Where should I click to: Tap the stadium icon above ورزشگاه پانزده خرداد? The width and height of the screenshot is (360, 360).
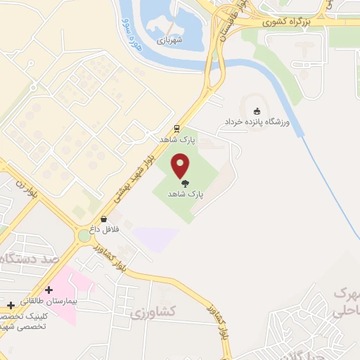click(256, 111)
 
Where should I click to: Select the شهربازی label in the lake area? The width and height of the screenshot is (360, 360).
click(169, 39)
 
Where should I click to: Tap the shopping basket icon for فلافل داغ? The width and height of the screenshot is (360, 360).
click(104, 219)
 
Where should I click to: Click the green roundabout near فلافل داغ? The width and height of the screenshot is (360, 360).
click(84, 236)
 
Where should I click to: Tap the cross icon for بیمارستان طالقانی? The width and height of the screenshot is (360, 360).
click(49, 289)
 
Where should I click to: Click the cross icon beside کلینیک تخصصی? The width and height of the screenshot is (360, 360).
click(10, 305)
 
